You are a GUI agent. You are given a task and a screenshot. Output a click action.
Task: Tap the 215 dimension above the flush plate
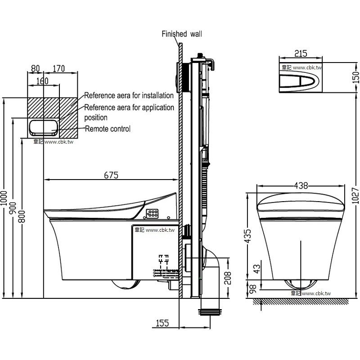coord(301,54)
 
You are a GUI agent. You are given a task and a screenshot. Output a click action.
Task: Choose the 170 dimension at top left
coord(58,69)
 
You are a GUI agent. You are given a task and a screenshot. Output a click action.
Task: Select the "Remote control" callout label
coord(108,129)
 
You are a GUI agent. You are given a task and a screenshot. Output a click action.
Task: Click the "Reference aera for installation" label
coord(129,95)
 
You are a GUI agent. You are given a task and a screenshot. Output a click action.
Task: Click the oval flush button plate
coord(300,81)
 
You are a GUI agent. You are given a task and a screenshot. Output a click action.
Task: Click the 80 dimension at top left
coord(36,69)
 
